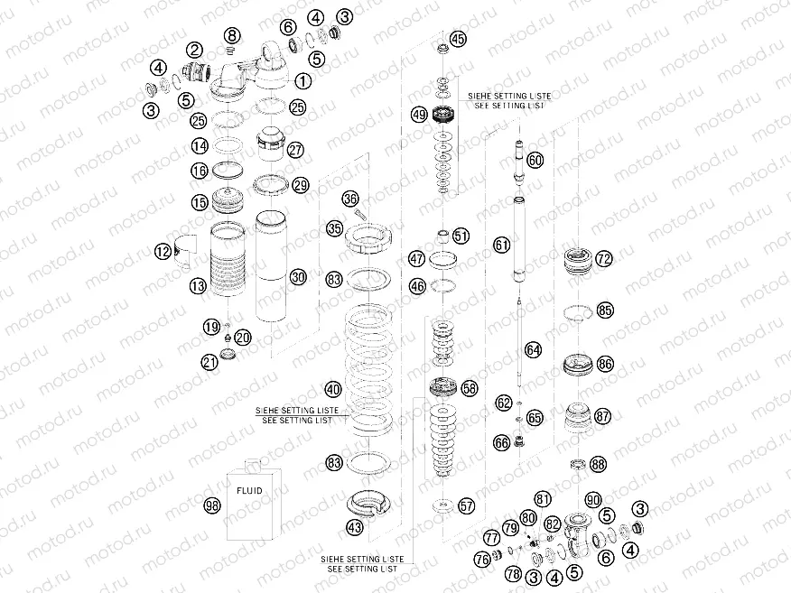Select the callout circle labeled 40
(333, 390)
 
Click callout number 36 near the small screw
(350, 199)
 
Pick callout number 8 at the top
(233, 35)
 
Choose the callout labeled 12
(163, 252)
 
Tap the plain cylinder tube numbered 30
(270, 266)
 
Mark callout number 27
(295, 151)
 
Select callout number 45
(458, 39)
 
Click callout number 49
(418, 115)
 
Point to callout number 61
(502, 245)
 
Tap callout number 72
(603, 259)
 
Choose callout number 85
(604, 310)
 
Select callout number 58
(469, 387)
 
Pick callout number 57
(466, 506)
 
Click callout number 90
(592, 500)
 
